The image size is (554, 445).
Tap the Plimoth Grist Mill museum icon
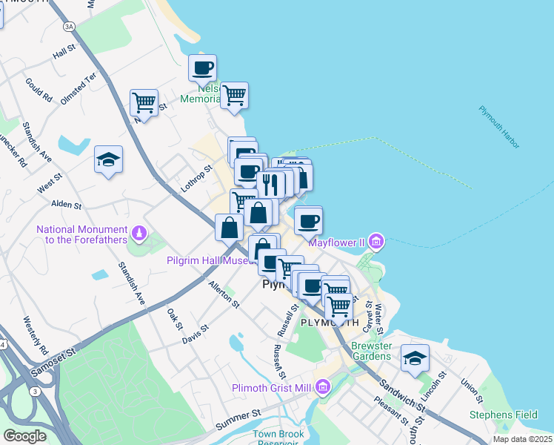click(322, 387)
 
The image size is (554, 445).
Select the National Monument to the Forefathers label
click(82, 235)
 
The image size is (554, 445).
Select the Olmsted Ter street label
click(79, 89)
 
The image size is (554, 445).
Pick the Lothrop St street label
click(197, 179)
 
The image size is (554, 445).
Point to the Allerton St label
click(224, 294)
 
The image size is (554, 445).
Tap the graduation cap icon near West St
click(109, 159)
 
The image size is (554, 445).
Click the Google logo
click(24, 435)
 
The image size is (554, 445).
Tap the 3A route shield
click(70, 27)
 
